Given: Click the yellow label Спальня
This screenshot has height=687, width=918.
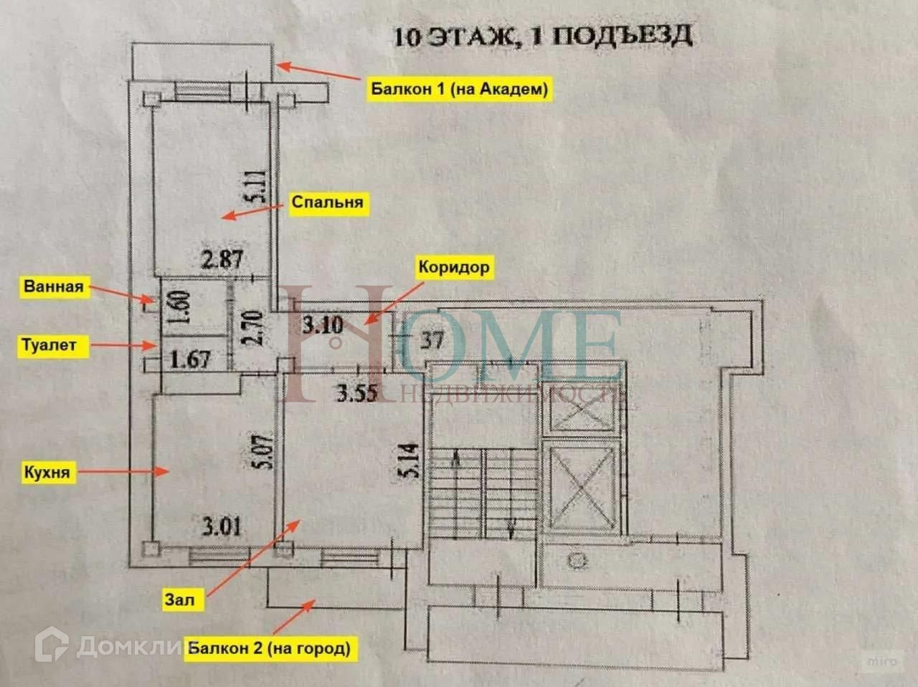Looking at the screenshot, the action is coord(327,203).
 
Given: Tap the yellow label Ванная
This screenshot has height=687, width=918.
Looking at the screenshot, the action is coord(54,287).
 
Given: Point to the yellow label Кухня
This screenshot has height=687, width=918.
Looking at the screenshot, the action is coord(47,473).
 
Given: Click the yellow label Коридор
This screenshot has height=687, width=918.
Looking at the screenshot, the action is coord(455,267).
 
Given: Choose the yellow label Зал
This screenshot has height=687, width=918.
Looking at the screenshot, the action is coord(179,599).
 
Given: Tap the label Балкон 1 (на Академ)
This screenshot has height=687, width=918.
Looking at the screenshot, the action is coord(460,89).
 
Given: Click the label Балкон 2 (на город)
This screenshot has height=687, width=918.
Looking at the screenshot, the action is coord(269,649).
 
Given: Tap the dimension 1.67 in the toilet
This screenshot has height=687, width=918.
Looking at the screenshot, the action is coord(189,357).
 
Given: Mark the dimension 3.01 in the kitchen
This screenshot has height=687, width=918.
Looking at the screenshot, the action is coord(222,529).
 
